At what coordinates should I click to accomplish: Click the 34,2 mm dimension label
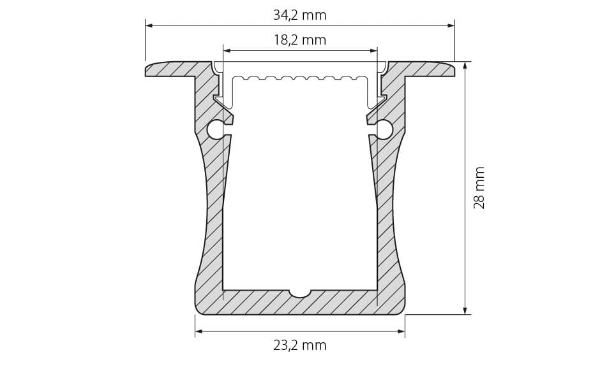click(299, 15)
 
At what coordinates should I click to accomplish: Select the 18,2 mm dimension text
click(299, 40)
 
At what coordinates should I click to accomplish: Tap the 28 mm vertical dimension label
click(479, 187)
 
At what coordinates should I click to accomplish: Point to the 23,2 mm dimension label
click(299, 345)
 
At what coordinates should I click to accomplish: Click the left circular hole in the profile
click(216, 129)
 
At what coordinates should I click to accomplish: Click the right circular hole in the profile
click(384, 129)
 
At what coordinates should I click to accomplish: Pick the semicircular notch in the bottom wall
click(300, 293)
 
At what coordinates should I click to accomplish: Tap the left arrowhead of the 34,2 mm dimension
click(149, 25)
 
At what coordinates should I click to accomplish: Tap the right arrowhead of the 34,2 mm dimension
click(451, 25)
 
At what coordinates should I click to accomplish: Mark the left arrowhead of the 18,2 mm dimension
click(227, 50)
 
